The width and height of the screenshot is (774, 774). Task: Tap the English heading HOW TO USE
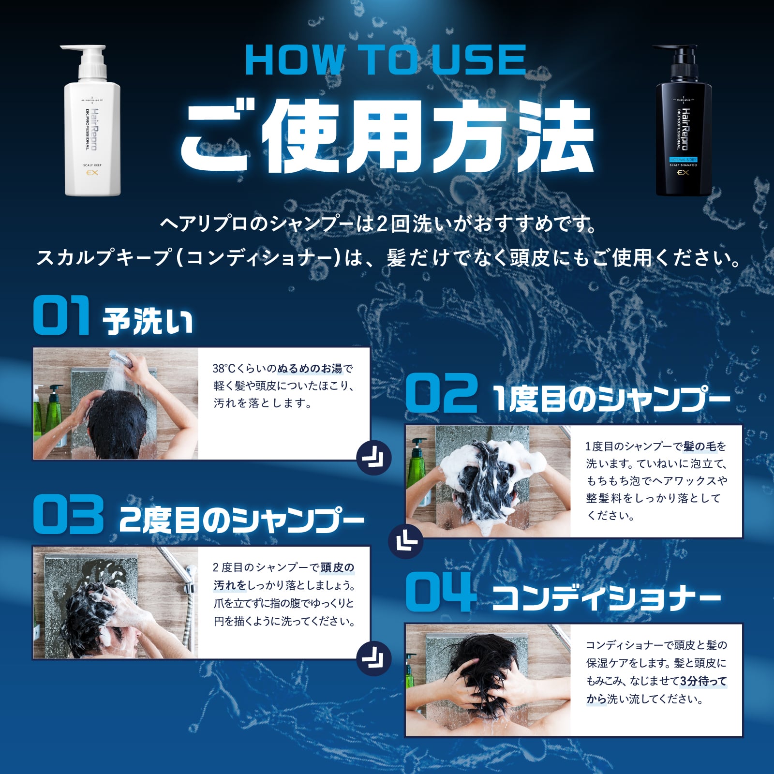click(x=386, y=60)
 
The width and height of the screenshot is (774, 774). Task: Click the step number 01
click(x=61, y=315)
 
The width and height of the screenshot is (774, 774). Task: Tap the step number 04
click(x=438, y=591)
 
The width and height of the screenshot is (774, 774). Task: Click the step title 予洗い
click(x=148, y=321)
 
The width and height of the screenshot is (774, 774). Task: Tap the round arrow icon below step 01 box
click(x=373, y=458)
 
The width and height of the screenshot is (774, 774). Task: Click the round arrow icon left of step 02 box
click(x=406, y=541)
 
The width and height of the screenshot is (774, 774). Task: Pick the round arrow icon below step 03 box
click(x=373, y=658)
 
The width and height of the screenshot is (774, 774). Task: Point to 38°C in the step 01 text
click(x=223, y=369)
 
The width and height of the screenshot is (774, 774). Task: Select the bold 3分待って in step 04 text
click(x=703, y=681)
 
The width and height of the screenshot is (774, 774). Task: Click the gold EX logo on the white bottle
click(x=92, y=173)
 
